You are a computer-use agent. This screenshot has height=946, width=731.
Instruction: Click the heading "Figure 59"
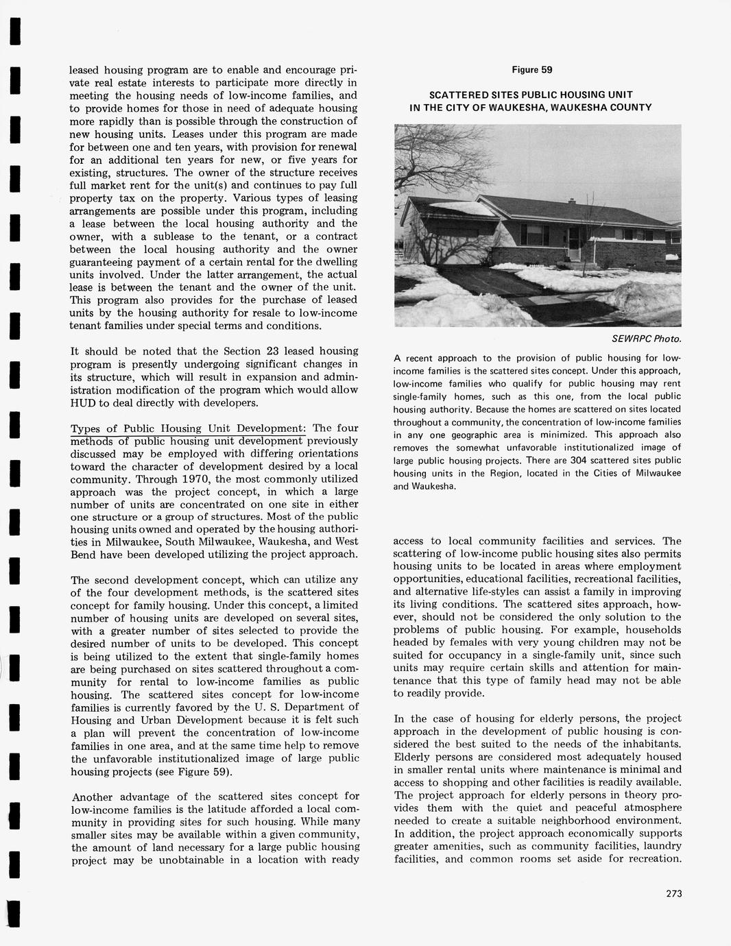[x=531, y=70]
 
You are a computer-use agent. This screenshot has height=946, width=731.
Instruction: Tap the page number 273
[x=673, y=893]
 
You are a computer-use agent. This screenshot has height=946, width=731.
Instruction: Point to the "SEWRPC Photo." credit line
[x=647, y=339]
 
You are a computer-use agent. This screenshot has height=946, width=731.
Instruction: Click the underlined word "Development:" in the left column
[x=270, y=428]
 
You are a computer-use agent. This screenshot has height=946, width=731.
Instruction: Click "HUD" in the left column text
[x=83, y=402]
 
